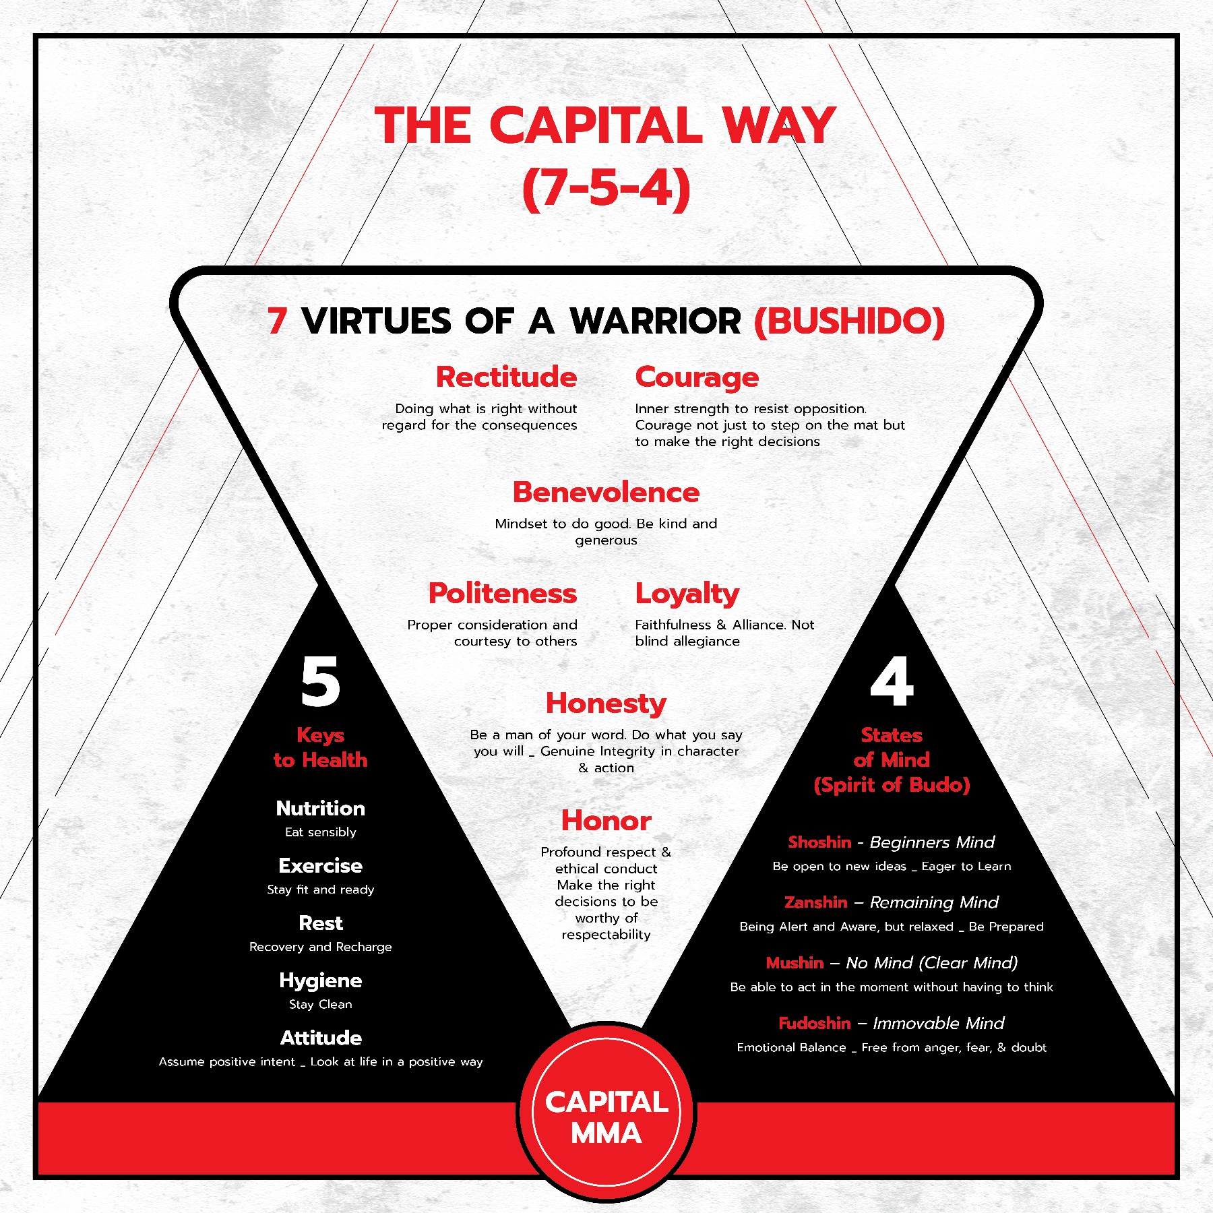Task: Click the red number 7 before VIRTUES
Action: click(277, 321)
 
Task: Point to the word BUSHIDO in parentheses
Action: click(850, 321)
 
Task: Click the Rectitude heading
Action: click(506, 377)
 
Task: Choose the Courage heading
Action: click(697, 378)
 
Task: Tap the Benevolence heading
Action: click(606, 492)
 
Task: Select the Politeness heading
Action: click(503, 593)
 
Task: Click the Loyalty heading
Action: click(687, 594)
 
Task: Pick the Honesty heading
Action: click(606, 704)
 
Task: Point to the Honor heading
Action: click(606, 821)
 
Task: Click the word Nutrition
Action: click(321, 808)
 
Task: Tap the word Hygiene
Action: click(321, 981)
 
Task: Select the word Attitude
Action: click(321, 1038)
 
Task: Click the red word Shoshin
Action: click(819, 842)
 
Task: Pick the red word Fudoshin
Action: click(814, 1024)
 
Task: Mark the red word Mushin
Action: click(795, 963)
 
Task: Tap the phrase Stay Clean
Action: click(321, 1005)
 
